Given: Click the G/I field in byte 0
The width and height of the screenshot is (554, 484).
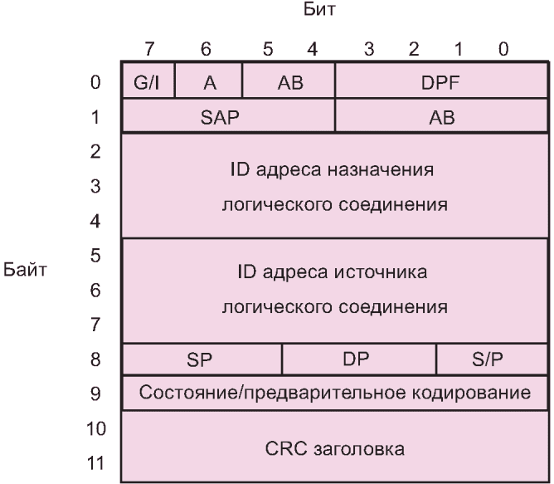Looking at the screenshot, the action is (148, 83).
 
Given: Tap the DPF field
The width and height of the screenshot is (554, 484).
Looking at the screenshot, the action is (435, 83).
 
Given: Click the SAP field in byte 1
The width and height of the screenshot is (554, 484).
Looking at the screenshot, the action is (220, 118).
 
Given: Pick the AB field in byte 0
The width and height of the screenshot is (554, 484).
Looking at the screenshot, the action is (289, 83).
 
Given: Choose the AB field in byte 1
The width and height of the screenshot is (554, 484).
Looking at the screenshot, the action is (441, 118).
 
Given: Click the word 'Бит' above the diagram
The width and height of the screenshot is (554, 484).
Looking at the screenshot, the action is (320, 13).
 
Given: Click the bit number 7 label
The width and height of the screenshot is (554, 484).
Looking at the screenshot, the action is (148, 51).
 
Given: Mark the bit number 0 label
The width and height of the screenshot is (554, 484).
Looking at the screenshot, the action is (503, 51).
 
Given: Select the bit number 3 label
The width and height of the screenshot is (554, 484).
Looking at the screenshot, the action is (369, 51).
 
